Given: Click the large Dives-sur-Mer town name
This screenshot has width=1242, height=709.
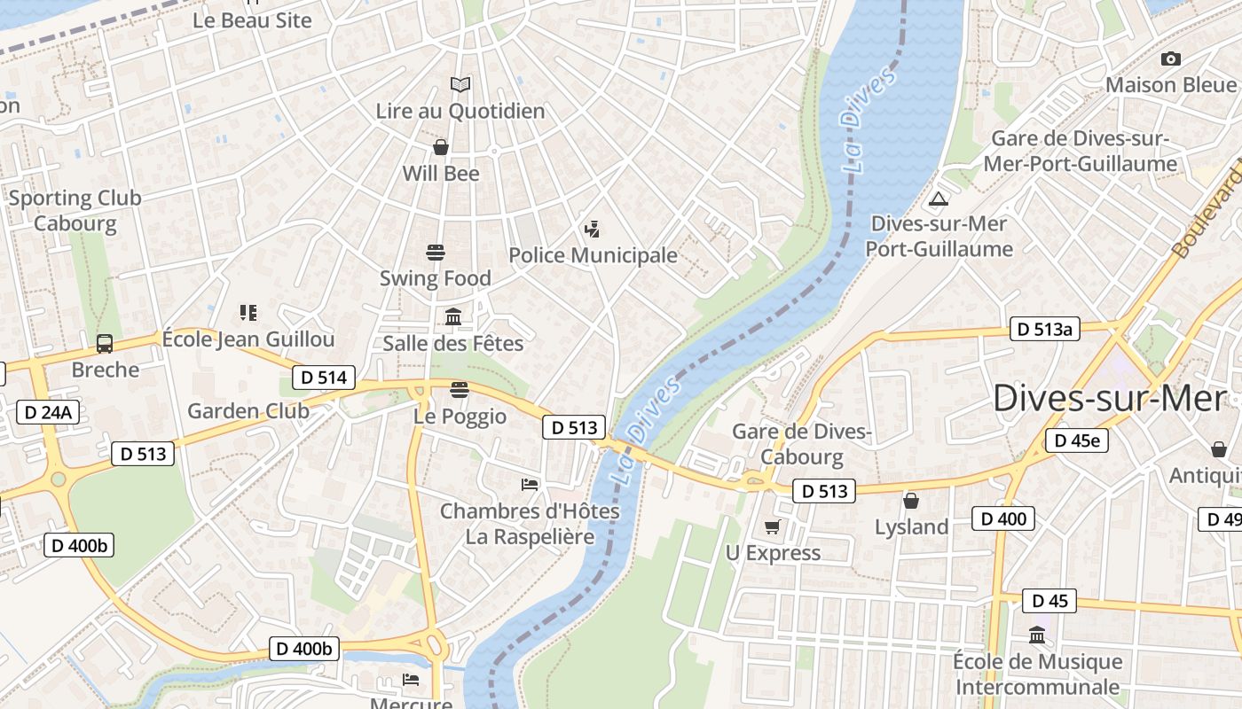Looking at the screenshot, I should pos(1109,399).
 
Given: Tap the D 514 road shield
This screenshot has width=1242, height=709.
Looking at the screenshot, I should pos(324,378).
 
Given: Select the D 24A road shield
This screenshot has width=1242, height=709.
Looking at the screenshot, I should pos(48,412).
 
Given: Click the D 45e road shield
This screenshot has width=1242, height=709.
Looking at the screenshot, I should pos(1076,440).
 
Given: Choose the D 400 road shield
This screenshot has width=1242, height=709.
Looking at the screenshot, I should pos(1003,518).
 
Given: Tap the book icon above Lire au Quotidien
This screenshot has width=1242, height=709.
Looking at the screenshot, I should pos(460,84).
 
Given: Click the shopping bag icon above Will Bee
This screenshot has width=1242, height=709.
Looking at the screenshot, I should pos(440,147).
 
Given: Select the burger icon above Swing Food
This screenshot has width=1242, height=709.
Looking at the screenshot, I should pos(435,253).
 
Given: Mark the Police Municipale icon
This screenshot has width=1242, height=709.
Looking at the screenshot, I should pos(592,230).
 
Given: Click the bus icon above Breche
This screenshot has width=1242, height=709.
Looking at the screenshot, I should pos(105,343).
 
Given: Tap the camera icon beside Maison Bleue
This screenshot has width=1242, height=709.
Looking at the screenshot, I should pos(1170,58).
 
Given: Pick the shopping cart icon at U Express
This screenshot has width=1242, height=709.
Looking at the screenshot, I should pos(772,527).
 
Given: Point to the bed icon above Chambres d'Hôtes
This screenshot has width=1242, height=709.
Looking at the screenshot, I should pos(530,484).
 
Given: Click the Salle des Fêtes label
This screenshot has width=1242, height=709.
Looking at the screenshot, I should pos(453,343).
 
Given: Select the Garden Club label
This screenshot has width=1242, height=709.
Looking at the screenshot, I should pos(248,410).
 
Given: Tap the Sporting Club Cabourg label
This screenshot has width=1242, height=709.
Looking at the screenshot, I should pos(75,210).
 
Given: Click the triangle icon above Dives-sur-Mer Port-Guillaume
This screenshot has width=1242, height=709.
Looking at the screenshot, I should pos(939,199).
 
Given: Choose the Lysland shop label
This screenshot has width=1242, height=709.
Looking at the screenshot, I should pos(911,526).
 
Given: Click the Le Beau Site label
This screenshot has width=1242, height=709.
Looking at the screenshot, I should pos(252,19).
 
